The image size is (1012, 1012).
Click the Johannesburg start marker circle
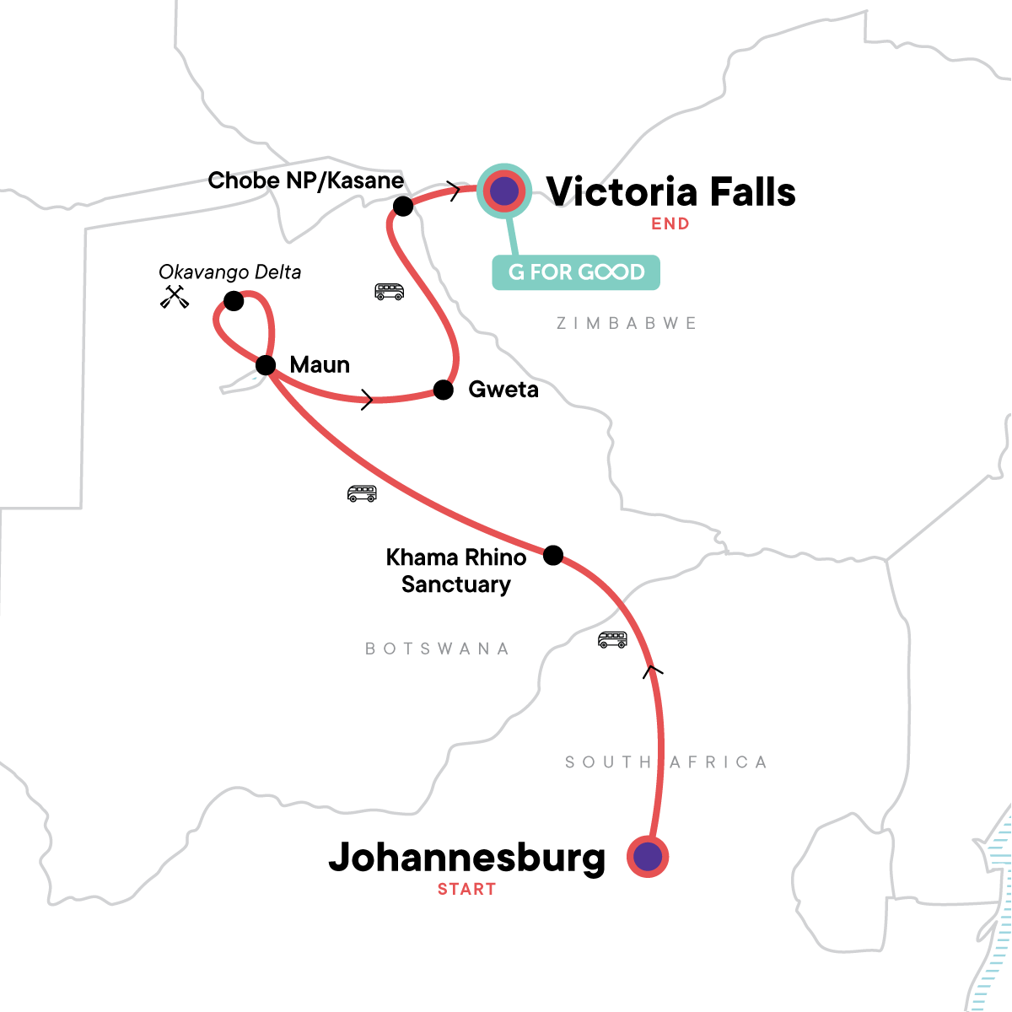coord(648,857)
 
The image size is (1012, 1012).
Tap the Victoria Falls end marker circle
coord(504,191)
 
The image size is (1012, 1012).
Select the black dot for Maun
coord(266,365)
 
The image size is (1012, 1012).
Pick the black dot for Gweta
coord(444,389)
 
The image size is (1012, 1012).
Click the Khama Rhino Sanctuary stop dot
coord(553,555)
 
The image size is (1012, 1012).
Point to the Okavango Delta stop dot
coord(234,301)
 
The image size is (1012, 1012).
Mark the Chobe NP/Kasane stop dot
coord(403,206)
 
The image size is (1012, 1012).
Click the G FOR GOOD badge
coord(576,272)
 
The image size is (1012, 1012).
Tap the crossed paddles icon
coord(175,297)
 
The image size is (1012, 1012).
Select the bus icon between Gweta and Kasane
coord(389,292)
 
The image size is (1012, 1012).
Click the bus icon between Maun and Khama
coord(362,493)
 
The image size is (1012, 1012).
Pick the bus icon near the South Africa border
coord(612,639)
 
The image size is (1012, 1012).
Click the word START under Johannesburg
coord(466,889)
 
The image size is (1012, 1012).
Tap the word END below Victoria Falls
coord(670,223)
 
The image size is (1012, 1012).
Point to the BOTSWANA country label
coord(437,649)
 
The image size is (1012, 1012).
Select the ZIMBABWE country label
coord(627,323)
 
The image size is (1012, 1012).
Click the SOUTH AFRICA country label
coord(666,762)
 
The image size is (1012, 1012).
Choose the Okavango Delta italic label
coord(230,272)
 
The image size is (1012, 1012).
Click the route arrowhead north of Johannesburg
coord(653,670)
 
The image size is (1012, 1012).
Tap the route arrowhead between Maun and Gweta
coord(367,400)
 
